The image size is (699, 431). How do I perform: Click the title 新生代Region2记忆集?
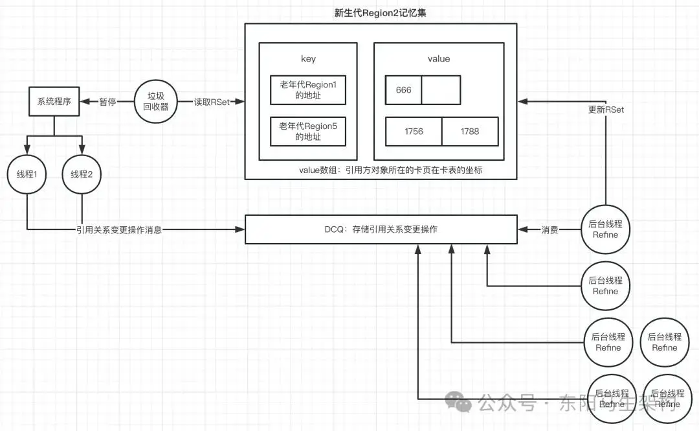pos(380,13)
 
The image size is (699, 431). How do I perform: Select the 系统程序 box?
pos(54,102)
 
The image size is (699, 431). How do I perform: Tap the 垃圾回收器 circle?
pos(155,102)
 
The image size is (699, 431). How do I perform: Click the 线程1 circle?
pos(26,174)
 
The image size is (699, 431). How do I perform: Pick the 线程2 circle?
pos(82,174)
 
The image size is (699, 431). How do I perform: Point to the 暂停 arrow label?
pos(107,102)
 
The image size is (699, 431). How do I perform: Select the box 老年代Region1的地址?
pos(308,90)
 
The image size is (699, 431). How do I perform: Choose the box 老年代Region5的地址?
pos(308,132)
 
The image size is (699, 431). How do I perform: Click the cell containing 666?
pos(403,90)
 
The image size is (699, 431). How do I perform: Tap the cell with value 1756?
pos(414,132)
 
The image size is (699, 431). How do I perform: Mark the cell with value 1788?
pos(470,132)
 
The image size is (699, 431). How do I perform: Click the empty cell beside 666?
pos(441,90)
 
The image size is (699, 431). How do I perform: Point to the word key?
pos(308,59)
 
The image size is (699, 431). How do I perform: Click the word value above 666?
pos(438,59)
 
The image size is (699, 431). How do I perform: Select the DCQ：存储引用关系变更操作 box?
pos(381,229)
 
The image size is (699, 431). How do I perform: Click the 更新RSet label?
pos(606,110)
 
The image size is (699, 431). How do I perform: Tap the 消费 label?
pos(550,229)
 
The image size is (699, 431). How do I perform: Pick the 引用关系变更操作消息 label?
pos(118,229)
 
